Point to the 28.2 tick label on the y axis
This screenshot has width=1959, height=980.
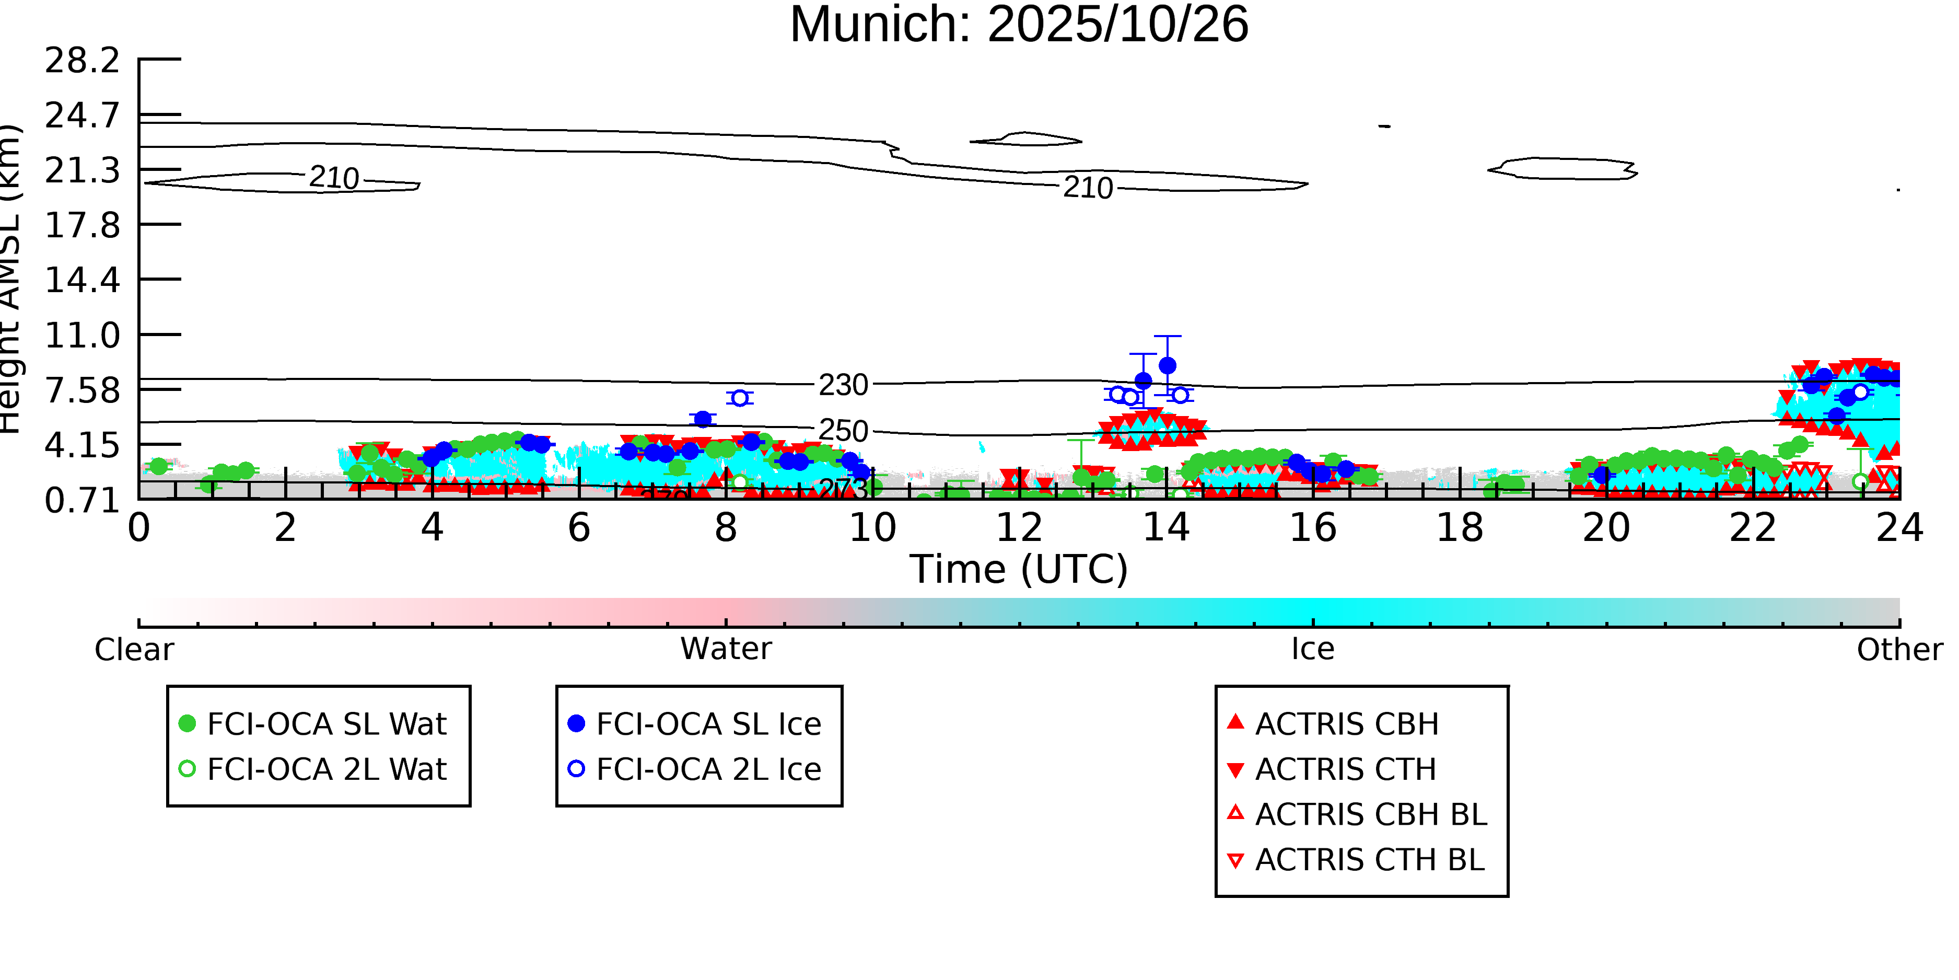pyautogui.click(x=82, y=60)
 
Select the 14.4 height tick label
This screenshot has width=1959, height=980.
pyautogui.click(x=82, y=280)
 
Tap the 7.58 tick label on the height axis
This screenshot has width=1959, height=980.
pyautogui.click(x=82, y=390)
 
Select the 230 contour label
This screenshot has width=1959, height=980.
pyautogui.click(x=843, y=385)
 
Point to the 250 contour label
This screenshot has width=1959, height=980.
pyautogui.click(x=843, y=431)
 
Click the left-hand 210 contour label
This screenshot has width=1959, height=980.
pyautogui.click(x=334, y=178)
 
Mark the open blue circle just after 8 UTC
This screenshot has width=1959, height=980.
pyautogui.click(x=739, y=398)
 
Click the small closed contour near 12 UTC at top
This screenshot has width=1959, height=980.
pyautogui.click(x=1027, y=139)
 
